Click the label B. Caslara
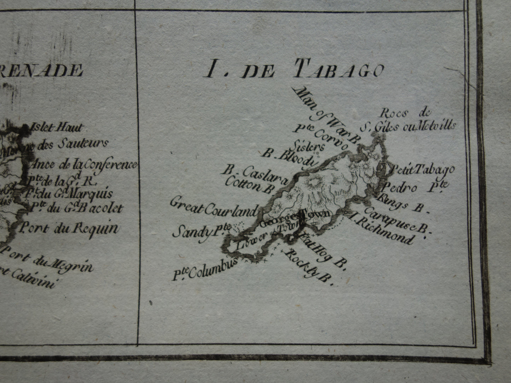tap(255, 175)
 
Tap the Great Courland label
tap(213, 208)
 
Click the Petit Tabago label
tap(421, 170)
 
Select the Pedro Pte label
tap(416, 187)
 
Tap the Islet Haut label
tap(57, 127)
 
